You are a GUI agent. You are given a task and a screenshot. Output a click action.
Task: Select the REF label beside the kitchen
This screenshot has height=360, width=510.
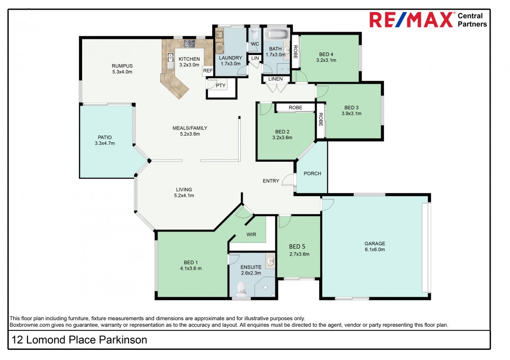[208, 71]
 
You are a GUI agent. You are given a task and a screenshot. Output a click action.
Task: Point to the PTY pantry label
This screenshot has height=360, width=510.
[220, 85]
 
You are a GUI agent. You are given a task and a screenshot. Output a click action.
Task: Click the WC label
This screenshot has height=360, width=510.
[254, 44]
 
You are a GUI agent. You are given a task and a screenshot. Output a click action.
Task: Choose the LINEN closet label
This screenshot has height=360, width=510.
[275, 79]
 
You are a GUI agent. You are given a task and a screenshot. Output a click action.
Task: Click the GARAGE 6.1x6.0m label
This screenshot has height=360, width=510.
[374, 246]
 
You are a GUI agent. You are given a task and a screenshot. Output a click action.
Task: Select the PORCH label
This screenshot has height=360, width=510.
[312, 173]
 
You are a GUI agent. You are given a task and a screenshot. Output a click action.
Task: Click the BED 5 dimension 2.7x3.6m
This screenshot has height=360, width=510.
[299, 254]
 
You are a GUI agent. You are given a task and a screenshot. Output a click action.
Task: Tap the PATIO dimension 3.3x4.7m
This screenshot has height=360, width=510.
[105, 143]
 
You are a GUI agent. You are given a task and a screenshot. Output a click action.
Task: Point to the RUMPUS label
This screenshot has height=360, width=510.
[122, 66]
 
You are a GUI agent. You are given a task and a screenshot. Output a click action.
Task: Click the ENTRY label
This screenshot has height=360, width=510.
[271, 181]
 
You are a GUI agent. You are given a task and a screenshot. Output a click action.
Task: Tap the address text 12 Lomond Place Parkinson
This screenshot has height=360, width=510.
[79, 340]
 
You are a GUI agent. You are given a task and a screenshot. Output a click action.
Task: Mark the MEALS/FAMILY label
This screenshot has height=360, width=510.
[189, 128]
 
